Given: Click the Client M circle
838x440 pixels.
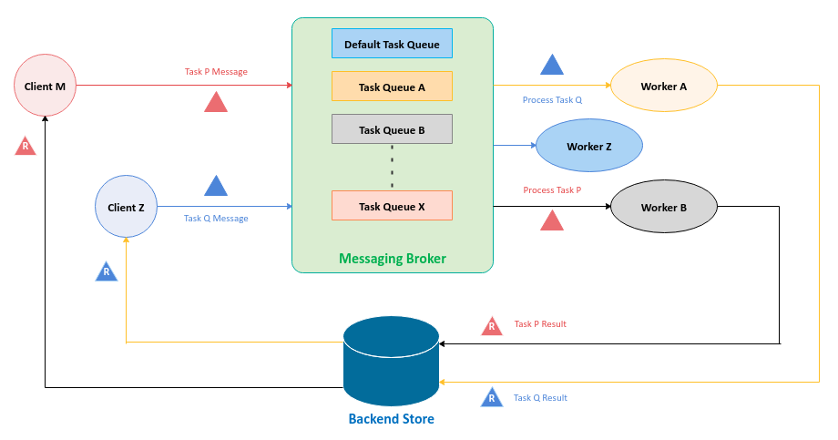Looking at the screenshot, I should click(x=46, y=87).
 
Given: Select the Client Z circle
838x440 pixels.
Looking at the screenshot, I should click(x=127, y=208).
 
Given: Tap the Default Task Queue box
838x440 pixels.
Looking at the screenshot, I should click(x=392, y=44).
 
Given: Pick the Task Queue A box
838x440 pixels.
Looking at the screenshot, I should click(x=392, y=87).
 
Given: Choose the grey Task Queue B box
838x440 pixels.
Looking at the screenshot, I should click(x=392, y=129).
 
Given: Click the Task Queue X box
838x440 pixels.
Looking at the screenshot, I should click(x=392, y=206).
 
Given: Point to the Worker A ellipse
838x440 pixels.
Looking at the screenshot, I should click(x=664, y=87).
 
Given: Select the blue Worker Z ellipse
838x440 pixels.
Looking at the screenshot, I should click(x=589, y=146).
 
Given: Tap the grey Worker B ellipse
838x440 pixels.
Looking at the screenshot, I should click(x=664, y=208).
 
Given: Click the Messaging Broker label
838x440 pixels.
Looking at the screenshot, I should click(x=393, y=259).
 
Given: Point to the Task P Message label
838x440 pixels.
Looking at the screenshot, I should click(x=216, y=72).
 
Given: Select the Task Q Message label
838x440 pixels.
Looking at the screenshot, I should click(x=216, y=219).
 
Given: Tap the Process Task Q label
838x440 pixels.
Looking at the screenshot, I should click(x=552, y=100).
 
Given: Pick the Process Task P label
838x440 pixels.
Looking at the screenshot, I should click(x=552, y=190).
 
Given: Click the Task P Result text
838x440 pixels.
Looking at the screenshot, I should click(x=540, y=324).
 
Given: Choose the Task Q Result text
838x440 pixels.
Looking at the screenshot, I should click(x=540, y=398).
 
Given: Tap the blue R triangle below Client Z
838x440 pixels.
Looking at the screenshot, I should click(x=107, y=271).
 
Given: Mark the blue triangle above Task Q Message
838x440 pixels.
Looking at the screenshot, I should click(x=216, y=186).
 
